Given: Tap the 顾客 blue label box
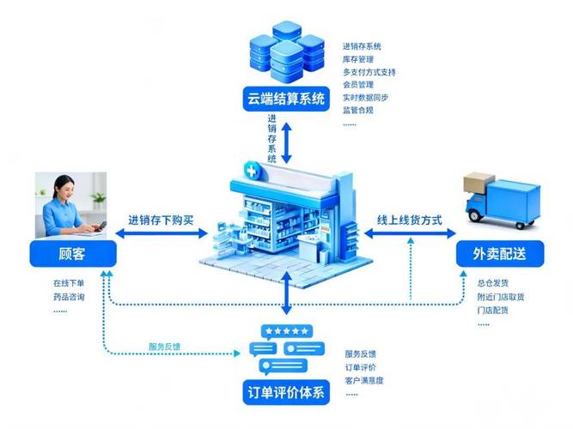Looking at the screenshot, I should click(72, 254).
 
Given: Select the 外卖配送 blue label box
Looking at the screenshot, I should click(499, 254).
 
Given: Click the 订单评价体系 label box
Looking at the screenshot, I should click(284, 393).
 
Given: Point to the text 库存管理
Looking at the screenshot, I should click(357, 59).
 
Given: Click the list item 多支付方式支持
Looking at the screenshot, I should click(369, 72).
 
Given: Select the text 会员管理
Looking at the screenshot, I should click(357, 85).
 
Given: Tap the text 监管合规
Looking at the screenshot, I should click(357, 110).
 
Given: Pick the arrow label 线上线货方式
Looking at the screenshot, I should click(410, 220).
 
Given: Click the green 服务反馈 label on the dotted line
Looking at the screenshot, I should click(164, 347).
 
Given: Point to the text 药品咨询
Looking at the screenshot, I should click(68, 296).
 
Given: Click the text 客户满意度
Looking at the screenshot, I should click(364, 380).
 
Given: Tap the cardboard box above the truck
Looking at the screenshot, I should click(479, 183).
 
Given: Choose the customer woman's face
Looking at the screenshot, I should click(65, 188).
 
